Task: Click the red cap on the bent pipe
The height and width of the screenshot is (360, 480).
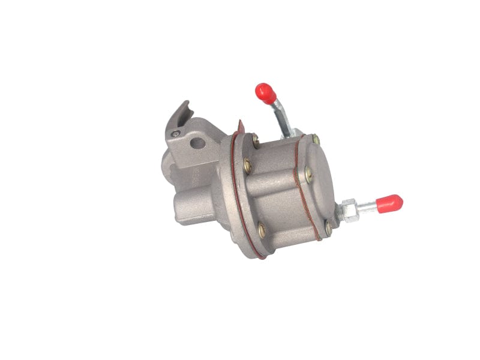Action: click(x=265, y=92)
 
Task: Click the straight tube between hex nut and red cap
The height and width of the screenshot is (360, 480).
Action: click(x=368, y=208)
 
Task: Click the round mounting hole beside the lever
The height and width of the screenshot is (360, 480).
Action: click(x=196, y=144)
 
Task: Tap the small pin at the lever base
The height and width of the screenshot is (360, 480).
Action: click(x=175, y=133)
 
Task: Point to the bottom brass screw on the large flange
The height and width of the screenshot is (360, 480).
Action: click(x=262, y=228)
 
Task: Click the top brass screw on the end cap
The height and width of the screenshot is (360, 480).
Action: click(x=316, y=140)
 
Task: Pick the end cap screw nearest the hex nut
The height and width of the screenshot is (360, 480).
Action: click(x=328, y=227)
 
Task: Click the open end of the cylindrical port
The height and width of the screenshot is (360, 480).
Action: click(x=179, y=211)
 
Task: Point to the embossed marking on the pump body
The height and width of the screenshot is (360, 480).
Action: click(x=197, y=178)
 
